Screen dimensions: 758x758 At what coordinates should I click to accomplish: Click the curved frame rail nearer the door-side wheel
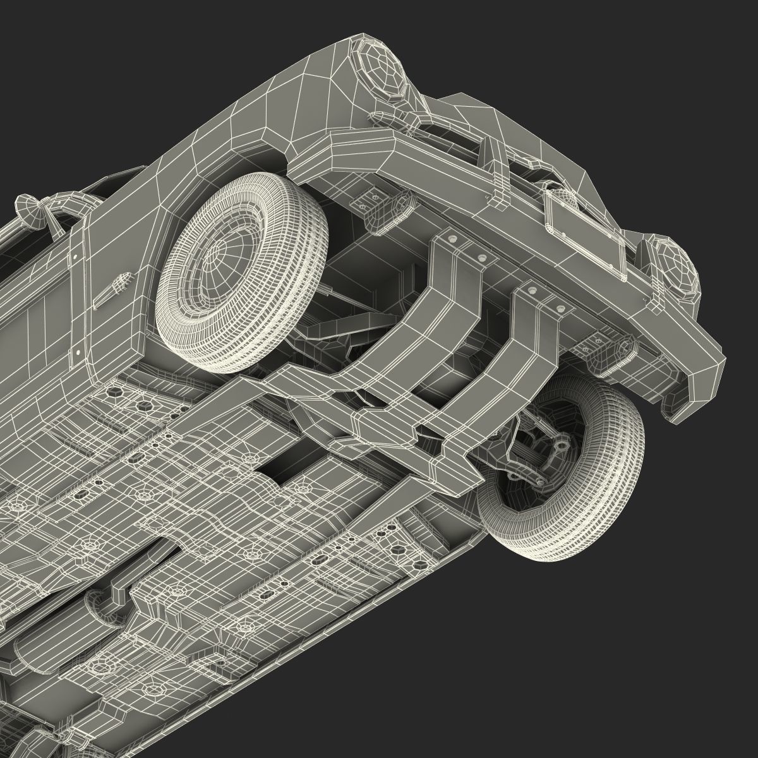[x=404, y=316]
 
